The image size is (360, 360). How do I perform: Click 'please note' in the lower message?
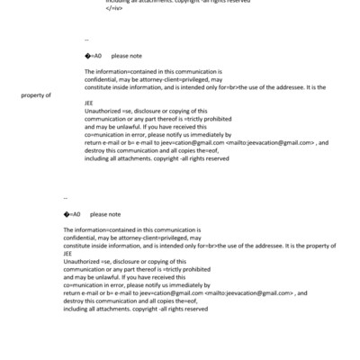[106, 214]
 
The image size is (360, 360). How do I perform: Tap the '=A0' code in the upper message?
[94, 56]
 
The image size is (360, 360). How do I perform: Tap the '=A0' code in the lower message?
[74, 214]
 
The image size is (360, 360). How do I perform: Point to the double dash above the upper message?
[86, 40]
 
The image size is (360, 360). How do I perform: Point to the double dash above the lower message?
[67, 197]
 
